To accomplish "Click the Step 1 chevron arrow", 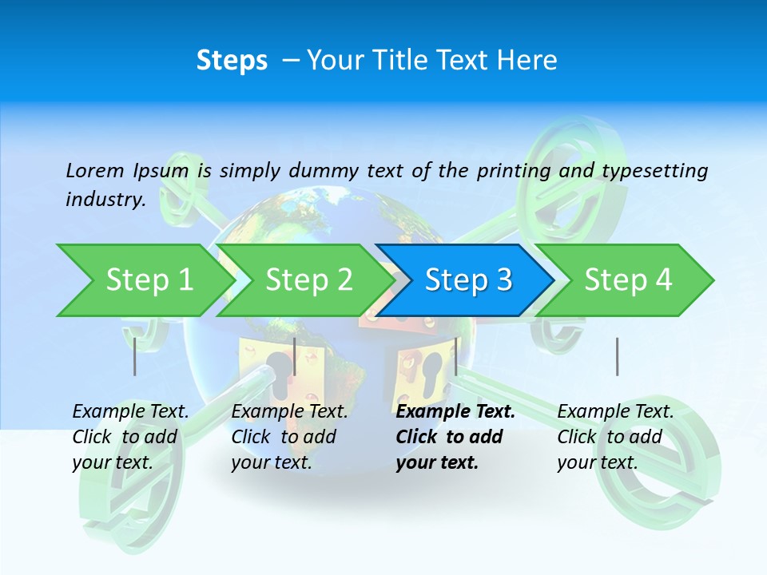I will coord(148,280).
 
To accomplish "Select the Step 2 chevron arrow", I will coord(308,280).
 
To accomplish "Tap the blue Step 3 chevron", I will coord(467,280).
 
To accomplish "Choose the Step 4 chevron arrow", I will coord(628,280).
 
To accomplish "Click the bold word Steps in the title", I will coord(232,60).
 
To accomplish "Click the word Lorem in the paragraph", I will coord(95,170).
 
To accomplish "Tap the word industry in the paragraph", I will coord(105,199).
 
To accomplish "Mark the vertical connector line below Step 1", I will coord(135,356).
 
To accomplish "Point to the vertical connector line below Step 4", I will coord(617,356).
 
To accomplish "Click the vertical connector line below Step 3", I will coord(455,356).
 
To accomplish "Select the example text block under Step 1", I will coord(130,437).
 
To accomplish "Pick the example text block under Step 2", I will coord(289,437).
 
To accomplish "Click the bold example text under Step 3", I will coord(455,437).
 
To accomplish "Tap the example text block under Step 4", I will coord(615,437).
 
